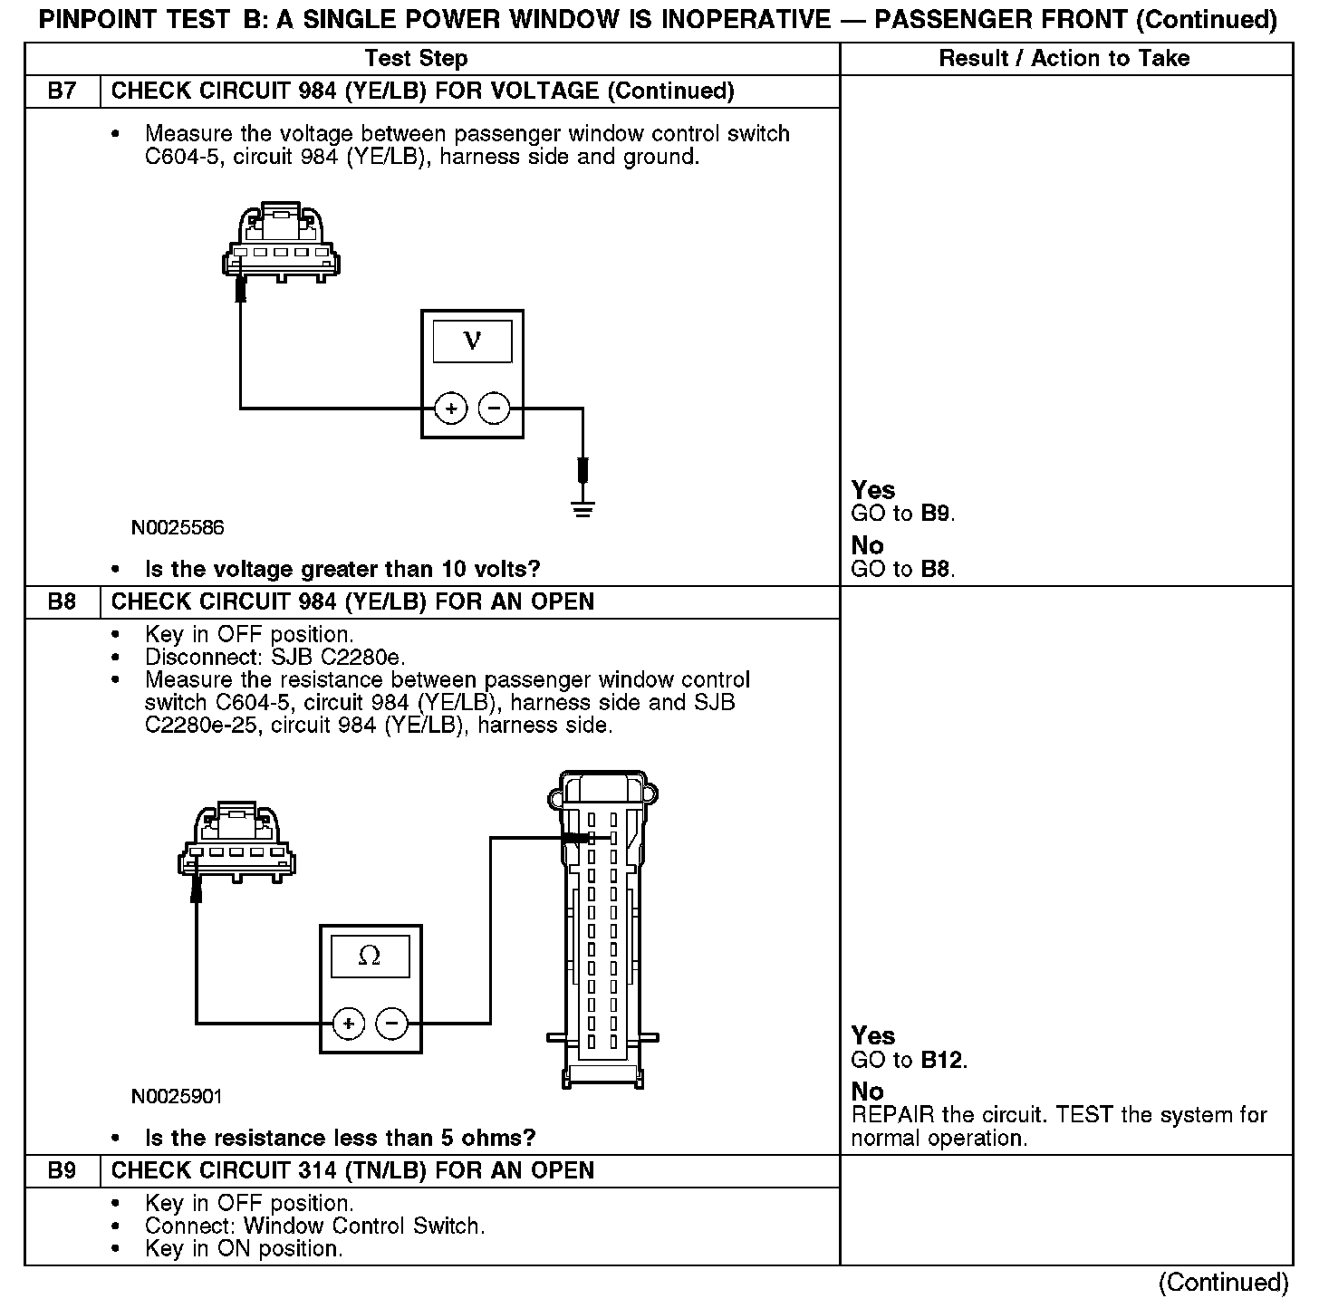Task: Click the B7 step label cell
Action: pyautogui.click(x=62, y=91)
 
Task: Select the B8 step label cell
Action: pyautogui.click(x=62, y=602)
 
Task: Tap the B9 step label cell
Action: pyautogui.click(x=62, y=1171)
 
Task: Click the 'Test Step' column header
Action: pyautogui.click(x=416, y=59)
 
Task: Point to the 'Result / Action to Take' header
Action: pyautogui.click(x=1064, y=59)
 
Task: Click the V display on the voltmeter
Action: pyautogui.click(x=472, y=341)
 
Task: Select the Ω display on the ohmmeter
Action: pyautogui.click(x=370, y=957)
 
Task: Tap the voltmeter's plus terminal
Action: pyautogui.click(x=450, y=409)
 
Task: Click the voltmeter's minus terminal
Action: pyautogui.click(x=494, y=409)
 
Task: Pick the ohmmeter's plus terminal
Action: pyautogui.click(x=349, y=1024)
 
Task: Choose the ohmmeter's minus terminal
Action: pyautogui.click(x=392, y=1024)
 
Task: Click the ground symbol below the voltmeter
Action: pyautogui.click(x=582, y=509)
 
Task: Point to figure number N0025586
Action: pyautogui.click(x=178, y=527)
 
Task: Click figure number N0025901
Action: pyautogui.click(x=177, y=1096)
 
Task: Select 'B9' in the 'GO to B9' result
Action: pyautogui.click(x=936, y=514)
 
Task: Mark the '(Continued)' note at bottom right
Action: pyautogui.click(x=1223, y=1283)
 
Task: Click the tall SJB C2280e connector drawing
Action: pyautogui.click(x=602, y=928)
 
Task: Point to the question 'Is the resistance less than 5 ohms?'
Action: pyautogui.click(x=340, y=1138)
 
